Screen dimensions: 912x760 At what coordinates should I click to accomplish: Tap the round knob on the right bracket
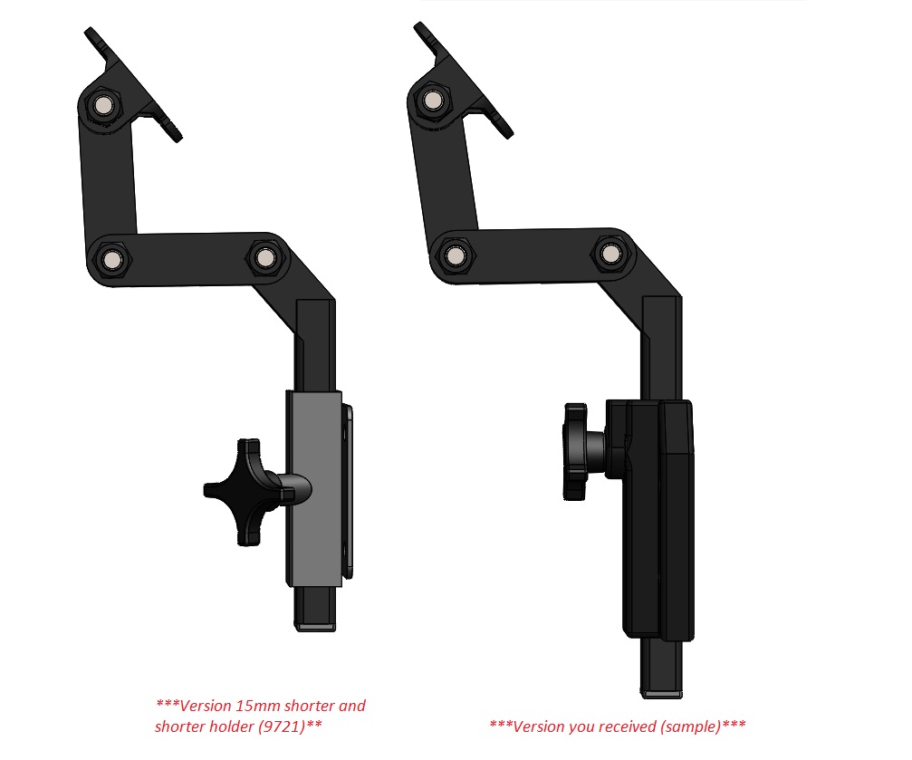[x=575, y=452]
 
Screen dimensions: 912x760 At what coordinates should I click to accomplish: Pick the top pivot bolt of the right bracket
[x=433, y=101]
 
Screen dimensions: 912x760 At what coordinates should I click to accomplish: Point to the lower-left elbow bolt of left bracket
[x=111, y=258]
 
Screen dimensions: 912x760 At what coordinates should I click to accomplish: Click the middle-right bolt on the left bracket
[x=265, y=257]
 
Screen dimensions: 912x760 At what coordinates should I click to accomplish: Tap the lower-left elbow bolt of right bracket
[x=454, y=255]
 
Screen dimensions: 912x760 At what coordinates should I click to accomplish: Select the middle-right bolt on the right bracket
[x=610, y=253]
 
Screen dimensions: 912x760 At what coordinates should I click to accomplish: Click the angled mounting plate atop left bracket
[x=134, y=84]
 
